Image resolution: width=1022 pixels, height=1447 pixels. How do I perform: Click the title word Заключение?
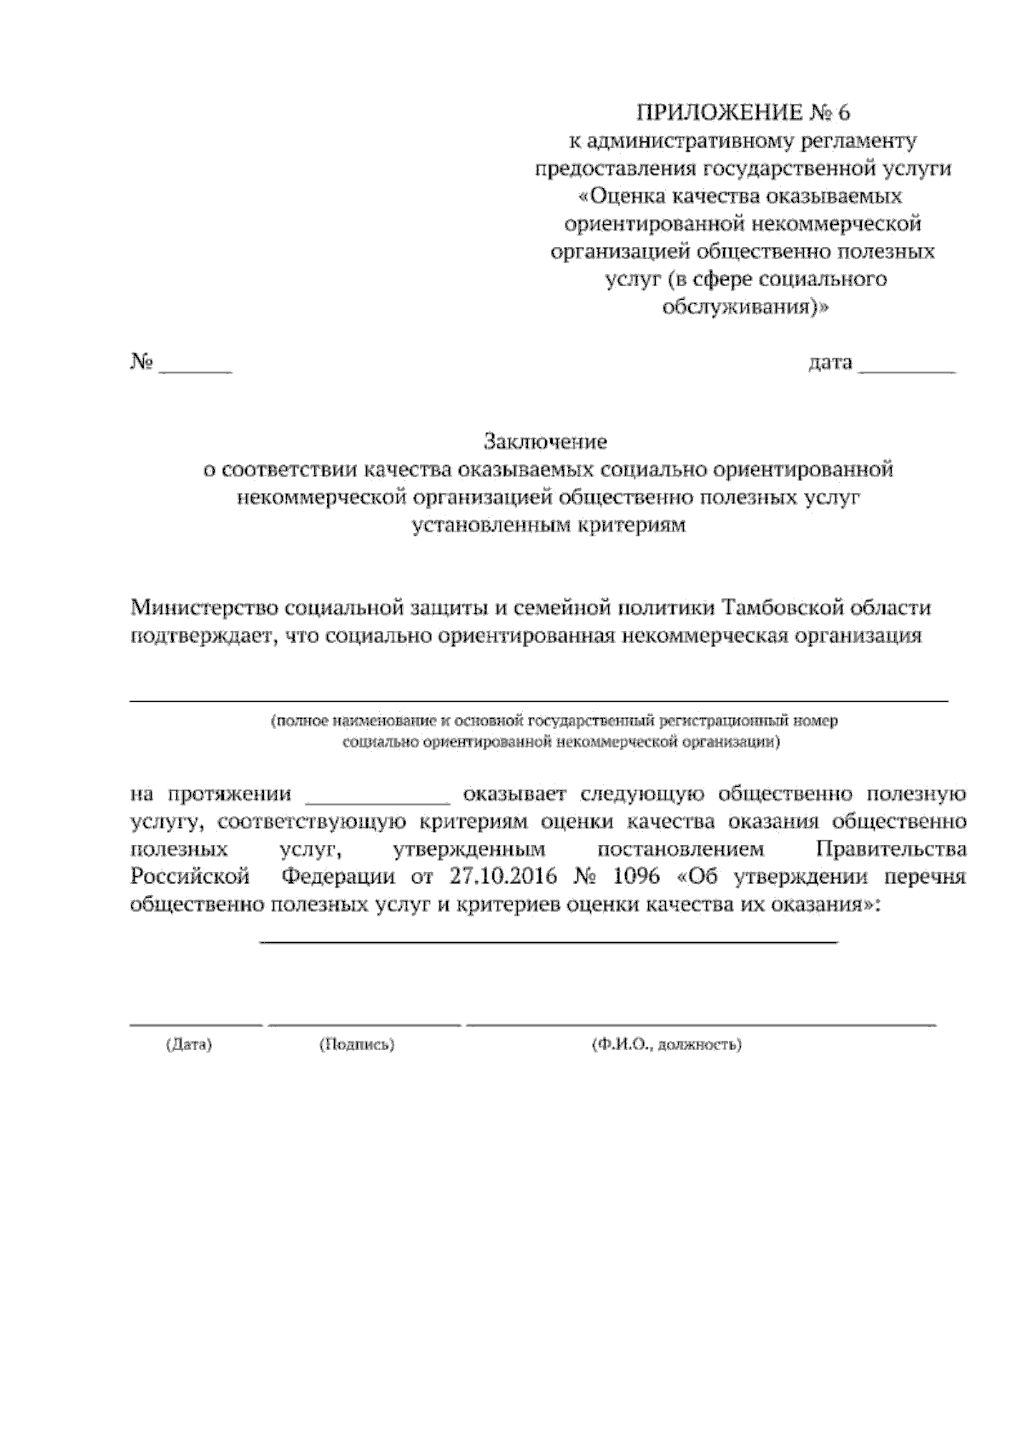click(x=545, y=442)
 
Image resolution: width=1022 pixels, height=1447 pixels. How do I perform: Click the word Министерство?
click(x=205, y=608)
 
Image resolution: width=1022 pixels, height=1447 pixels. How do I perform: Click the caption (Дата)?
click(x=188, y=1044)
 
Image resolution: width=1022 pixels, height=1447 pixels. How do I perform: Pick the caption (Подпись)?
click(x=356, y=1044)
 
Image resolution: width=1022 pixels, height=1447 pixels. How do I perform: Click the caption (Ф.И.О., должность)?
click(x=666, y=1044)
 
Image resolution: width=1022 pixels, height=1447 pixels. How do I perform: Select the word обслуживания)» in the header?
click(x=744, y=307)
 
